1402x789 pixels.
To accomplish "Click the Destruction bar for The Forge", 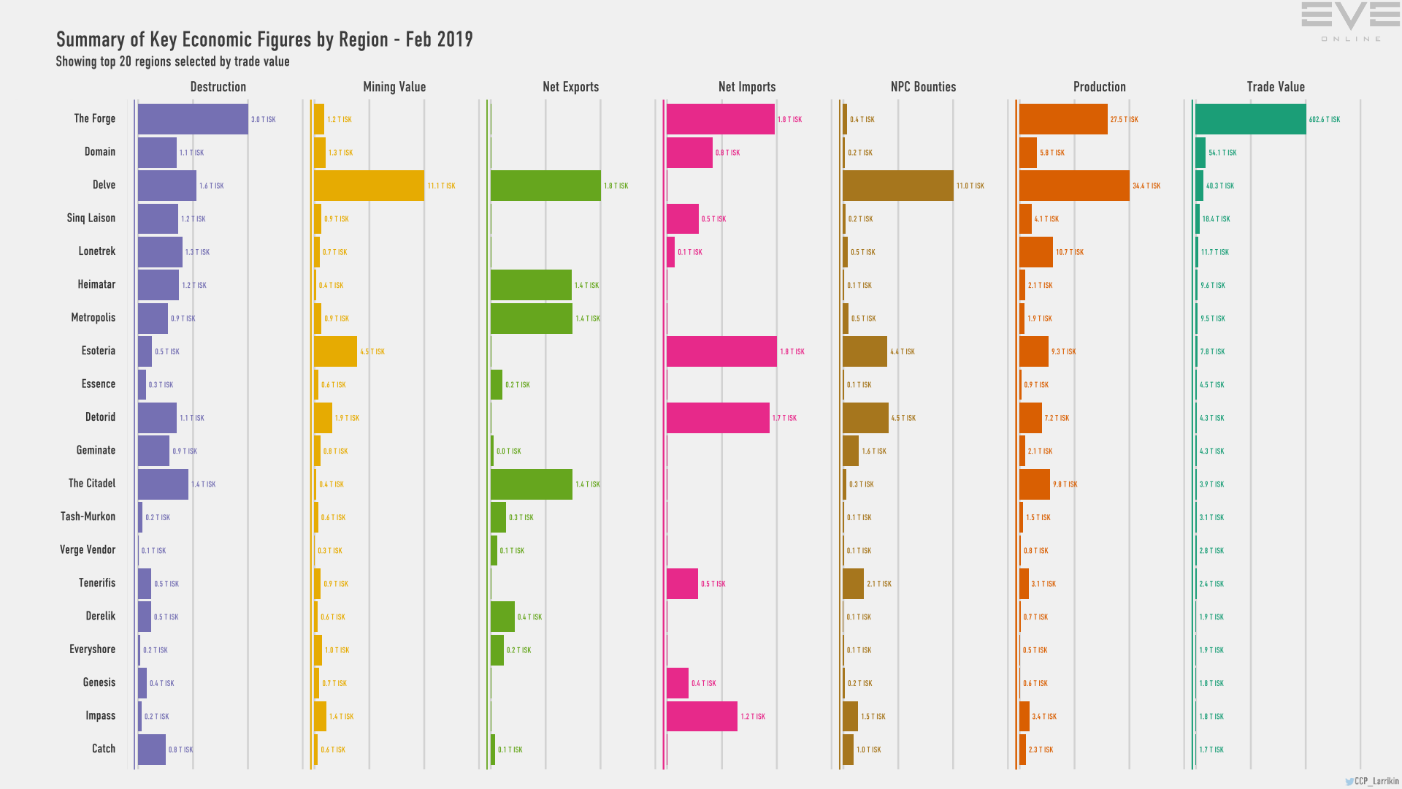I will tap(193, 119).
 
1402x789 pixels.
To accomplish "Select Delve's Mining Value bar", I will tap(369, 186).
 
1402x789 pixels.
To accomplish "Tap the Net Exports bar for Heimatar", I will tap(531, 285).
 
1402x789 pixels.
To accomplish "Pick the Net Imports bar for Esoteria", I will tap(721, 351).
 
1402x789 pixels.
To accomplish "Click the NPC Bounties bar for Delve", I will tap(897, 186).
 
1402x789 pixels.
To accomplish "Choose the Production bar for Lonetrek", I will tap(1035, 252).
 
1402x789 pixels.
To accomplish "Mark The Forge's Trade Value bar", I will tap(1250, 119).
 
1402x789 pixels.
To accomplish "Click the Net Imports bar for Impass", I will tap(702, 716).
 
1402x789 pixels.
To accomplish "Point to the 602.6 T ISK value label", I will tap(1325, 120).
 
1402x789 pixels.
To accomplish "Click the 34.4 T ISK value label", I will tap(1146, 186).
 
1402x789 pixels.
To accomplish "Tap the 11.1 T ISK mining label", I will tap(441, 186).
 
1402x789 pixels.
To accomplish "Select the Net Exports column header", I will tap(570, 87).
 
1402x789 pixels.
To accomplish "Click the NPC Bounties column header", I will tap(923, 87).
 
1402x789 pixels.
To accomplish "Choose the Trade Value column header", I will tap(1276, 87).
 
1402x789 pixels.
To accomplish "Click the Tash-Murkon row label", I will tap(88, 517).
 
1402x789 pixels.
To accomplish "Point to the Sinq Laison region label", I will tap(91, 218).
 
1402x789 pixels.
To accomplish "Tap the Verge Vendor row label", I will tap(88, 550).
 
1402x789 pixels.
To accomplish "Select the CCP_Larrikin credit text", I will tap(1376, 781).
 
